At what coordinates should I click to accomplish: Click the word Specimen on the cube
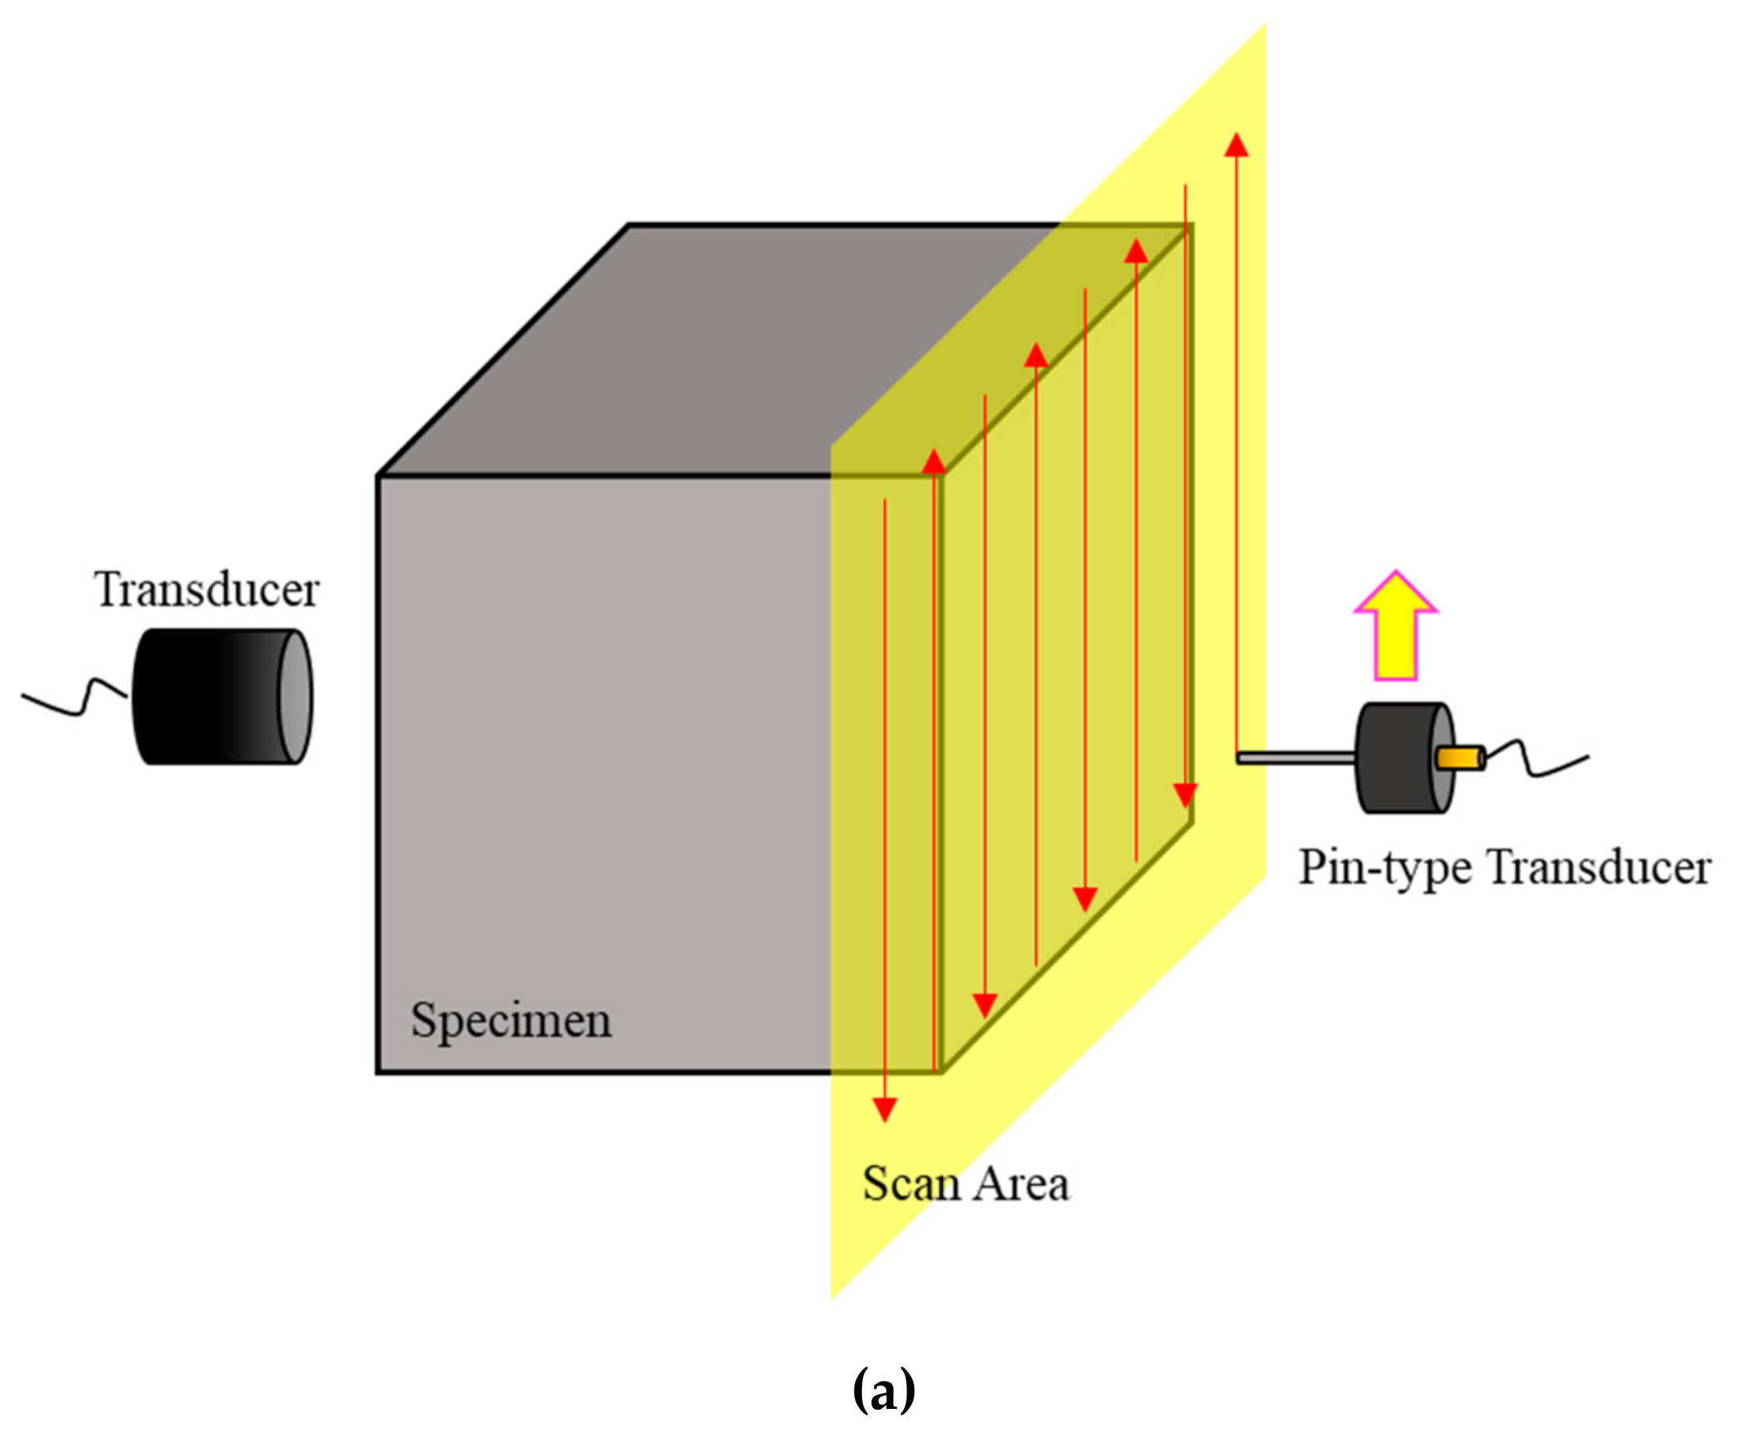coord(510,1020)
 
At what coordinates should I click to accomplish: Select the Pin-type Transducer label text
coord(1504,868)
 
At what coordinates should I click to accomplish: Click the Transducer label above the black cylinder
coord(206,590)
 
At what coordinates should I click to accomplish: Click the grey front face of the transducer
coord(295,697)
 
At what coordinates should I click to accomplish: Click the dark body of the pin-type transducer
coord(1394,758)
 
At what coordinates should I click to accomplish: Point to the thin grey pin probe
coord(1295,758)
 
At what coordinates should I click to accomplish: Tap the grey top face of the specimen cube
coord(706,349)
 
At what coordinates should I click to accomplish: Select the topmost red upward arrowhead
coord(1236,146)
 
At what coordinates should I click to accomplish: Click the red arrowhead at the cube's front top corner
coord(934,462)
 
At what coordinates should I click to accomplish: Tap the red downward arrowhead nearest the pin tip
coord(1185,795)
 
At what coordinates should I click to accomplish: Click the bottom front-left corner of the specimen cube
coord(378,1072)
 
